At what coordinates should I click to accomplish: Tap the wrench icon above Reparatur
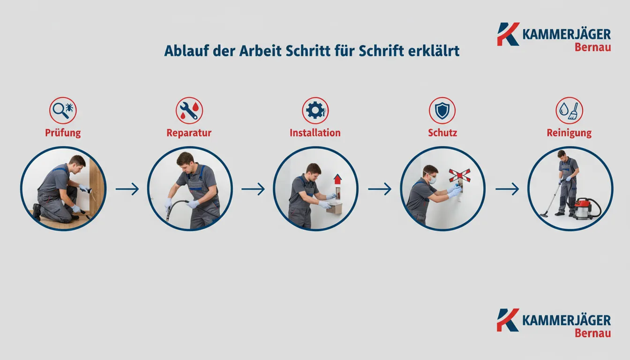tap(188, 111)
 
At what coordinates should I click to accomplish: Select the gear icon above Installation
tap(315, 111)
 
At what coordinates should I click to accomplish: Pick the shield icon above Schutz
tap(442, 111)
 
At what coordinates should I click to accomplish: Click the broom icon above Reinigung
tap(573, 111)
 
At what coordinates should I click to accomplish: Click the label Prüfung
tap(63, 133)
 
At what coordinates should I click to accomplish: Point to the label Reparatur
tap(189, 133)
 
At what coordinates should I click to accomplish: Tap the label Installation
tap(315, 133)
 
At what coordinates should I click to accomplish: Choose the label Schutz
tap(442, 133)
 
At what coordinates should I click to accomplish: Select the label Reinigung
tap(569, 133)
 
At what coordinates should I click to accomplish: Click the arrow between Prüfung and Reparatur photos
tap(127, 189)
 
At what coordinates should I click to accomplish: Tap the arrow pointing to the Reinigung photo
tap(507, 189)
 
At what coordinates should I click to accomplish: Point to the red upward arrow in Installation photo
tap(337, 179)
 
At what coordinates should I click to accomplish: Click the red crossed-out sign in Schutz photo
tap(459, 175)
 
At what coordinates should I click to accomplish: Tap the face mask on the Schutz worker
tap(432, 179)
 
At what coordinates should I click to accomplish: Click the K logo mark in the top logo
tap(508, 34)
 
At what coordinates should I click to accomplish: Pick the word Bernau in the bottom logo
tap(592, 333)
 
